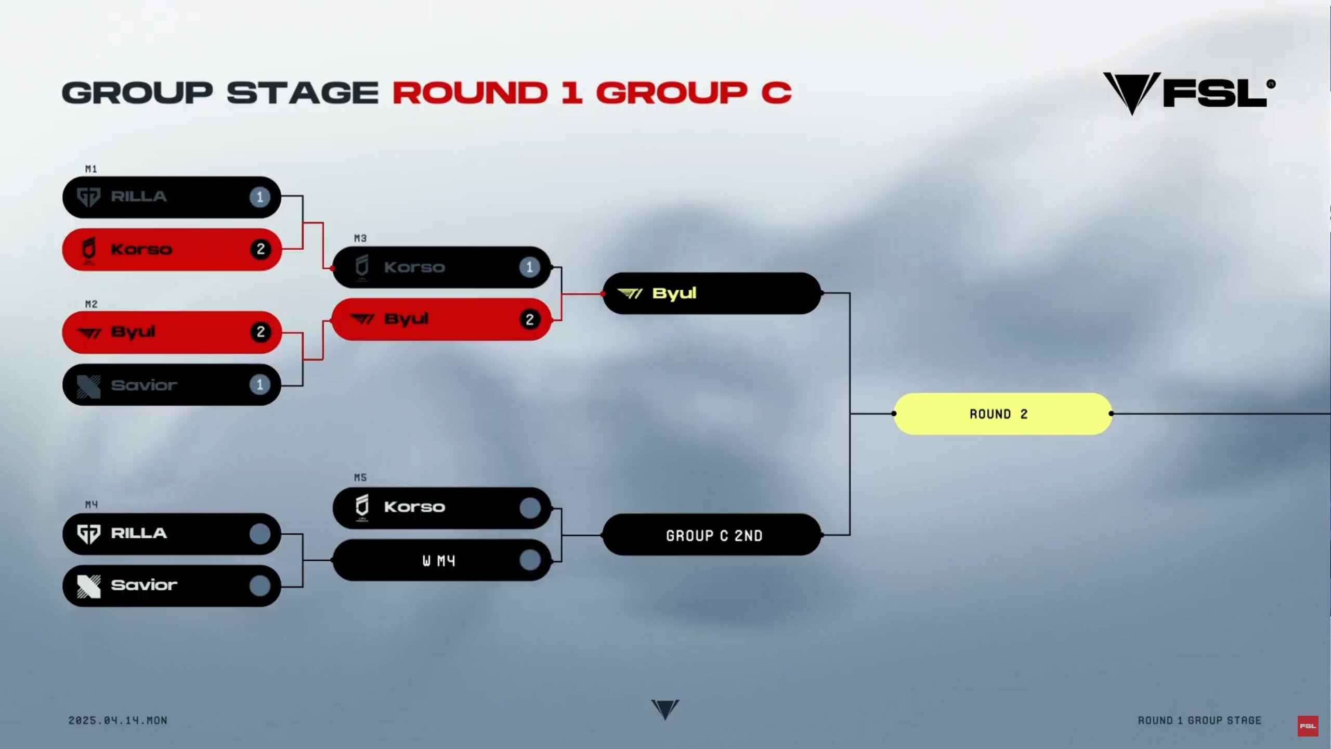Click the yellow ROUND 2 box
point(1002,414)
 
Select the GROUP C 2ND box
point(712,535)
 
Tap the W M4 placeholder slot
point(441,560)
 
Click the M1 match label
point(91,169)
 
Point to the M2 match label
point(91,304)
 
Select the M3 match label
point(360,238)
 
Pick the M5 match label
point(360,477)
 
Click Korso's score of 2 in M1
point(260,249)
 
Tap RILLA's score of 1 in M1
point(260,197)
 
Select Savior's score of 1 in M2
point(260,385)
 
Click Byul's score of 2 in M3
point(530,319)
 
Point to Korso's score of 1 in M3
point(530,267)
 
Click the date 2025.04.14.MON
point(118,720)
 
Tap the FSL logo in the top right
point(1190,93)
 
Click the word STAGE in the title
point(303,93)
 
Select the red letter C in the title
point(776,93)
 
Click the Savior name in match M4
point(144,585)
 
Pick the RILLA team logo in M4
point(88,534)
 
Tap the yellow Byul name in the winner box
point(674,294)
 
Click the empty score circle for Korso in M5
point(530,508)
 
